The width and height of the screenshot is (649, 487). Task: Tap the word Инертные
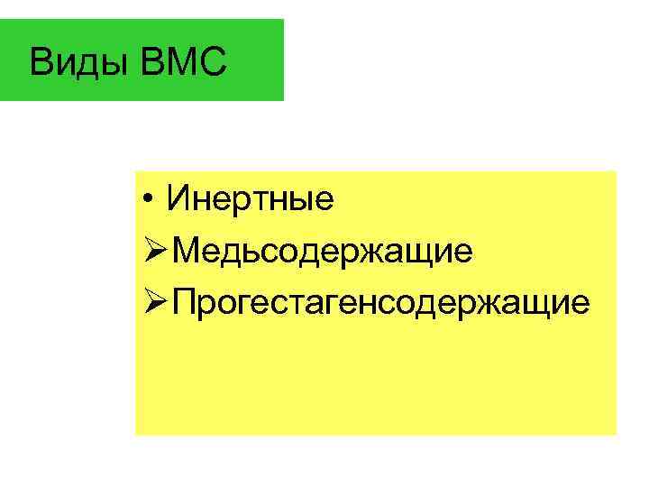pos(250,198)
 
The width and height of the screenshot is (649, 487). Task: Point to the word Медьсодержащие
pos(322,251)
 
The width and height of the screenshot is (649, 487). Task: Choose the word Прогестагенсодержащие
pos(381,303)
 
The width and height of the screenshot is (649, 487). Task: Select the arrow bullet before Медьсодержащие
pos(155,251)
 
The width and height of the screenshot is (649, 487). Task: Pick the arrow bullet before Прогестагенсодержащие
pos(155,303)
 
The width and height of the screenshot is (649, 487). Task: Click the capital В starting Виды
pos(40,62)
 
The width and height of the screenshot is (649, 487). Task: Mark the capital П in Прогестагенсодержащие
pos(186,303)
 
